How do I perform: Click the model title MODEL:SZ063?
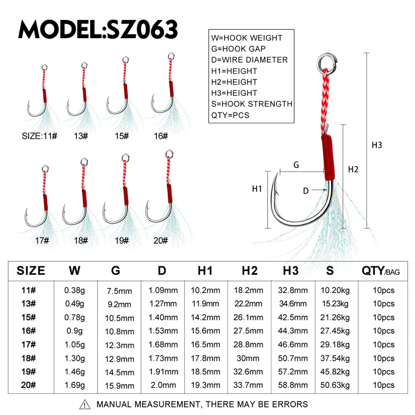(x=98, y=29)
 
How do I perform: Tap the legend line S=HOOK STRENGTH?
(x=252, y=104)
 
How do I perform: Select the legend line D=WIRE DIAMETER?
(x=249, y=60)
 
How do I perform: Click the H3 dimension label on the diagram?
(x=377, y=145)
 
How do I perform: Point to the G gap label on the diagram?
(x=296, y=165)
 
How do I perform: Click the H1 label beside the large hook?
(x=257, y=189)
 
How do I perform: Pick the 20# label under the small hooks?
(x=161, y=241)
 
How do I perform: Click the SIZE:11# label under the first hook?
(x=39, y=136)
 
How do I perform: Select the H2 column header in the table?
(x=249, y=271)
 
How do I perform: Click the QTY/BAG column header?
(x=381, y=271)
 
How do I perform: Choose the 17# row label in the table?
(x=29, y=344)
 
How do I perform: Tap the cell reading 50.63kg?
(x=335, y=385)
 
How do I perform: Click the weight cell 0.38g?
(x=75, y=290)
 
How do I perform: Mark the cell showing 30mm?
(x=248, y=359)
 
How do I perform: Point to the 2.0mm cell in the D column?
(x=163, y=385)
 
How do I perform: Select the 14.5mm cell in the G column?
(x=120, y=373)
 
